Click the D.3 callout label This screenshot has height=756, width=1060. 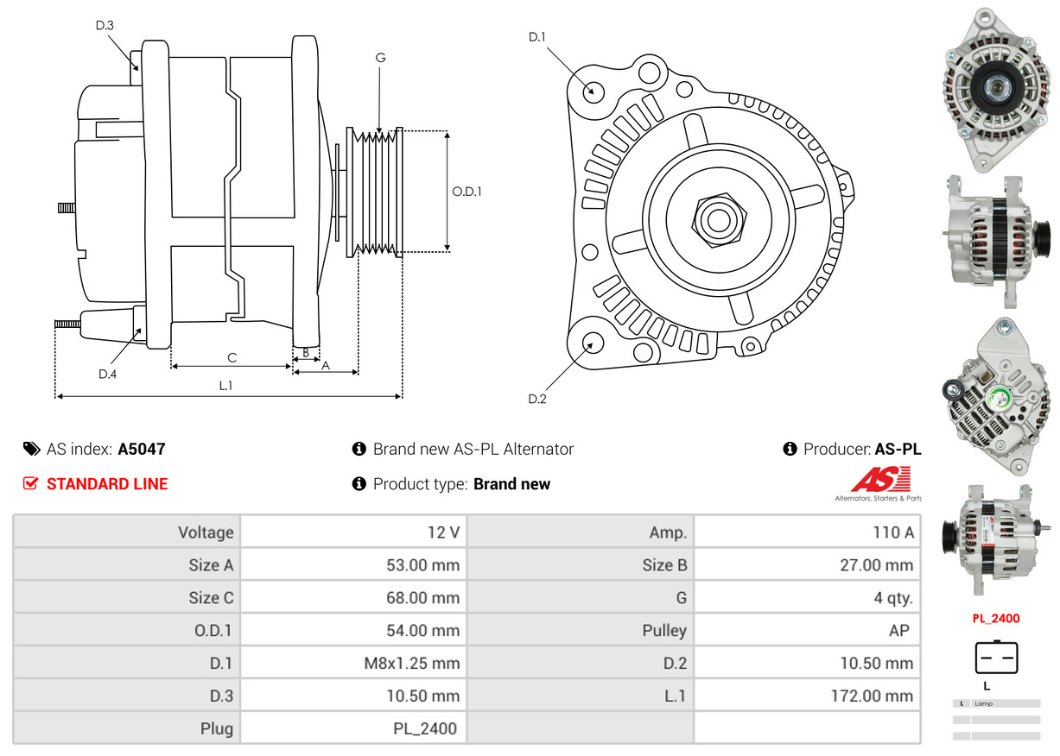[x=105, y=25]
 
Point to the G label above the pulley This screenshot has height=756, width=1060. [x=380, y=58]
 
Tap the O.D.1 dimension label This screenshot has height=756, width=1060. [x=467, y=192]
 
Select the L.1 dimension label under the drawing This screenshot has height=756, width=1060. [x=225, y=386]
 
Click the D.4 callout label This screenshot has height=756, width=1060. [x=107, y=374]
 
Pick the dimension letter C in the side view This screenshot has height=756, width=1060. [x=232, y=357]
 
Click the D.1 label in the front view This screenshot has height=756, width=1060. [x=537, y=36]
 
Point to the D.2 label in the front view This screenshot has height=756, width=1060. [x=537, y=399]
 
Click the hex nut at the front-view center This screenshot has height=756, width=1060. [x=716, y=217]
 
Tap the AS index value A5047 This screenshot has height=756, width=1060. [x=142, y=449]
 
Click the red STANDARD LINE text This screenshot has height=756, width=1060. [x=107, y=484]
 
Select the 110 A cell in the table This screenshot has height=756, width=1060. [x=892, y=532]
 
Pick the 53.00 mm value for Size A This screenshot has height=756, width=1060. [x=422, y=565]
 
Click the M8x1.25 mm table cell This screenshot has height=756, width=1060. [x=413, y=664]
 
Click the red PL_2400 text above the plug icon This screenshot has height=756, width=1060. [x=996, y=618]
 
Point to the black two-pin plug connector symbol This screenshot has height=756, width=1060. [x=996, y=658]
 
